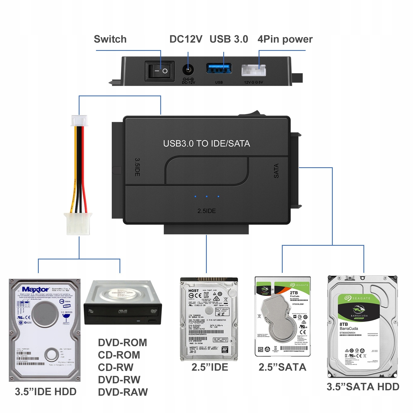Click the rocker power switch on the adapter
pos(160,71)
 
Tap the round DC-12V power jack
pos(188,70)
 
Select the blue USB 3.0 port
pos(219,68)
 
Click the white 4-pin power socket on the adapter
pos(253,70)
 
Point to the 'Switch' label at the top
pos(110,39)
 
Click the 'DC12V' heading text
pos(186,39)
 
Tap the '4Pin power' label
pos(285,39)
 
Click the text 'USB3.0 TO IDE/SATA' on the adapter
pos(206,144)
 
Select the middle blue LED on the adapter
pos(206,196)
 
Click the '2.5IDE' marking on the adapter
pos(206,211)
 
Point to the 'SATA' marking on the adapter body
pos(276,171)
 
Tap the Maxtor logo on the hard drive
pos(35,289)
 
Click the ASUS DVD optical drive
pos(123,303)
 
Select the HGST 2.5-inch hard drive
pos(209,319)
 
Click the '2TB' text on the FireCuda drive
pos(294,293)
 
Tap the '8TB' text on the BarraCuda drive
pos(344,324)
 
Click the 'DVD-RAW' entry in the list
pos(123,392)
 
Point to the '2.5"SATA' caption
pos(282,367)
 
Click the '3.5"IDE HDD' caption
pos(46,392)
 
